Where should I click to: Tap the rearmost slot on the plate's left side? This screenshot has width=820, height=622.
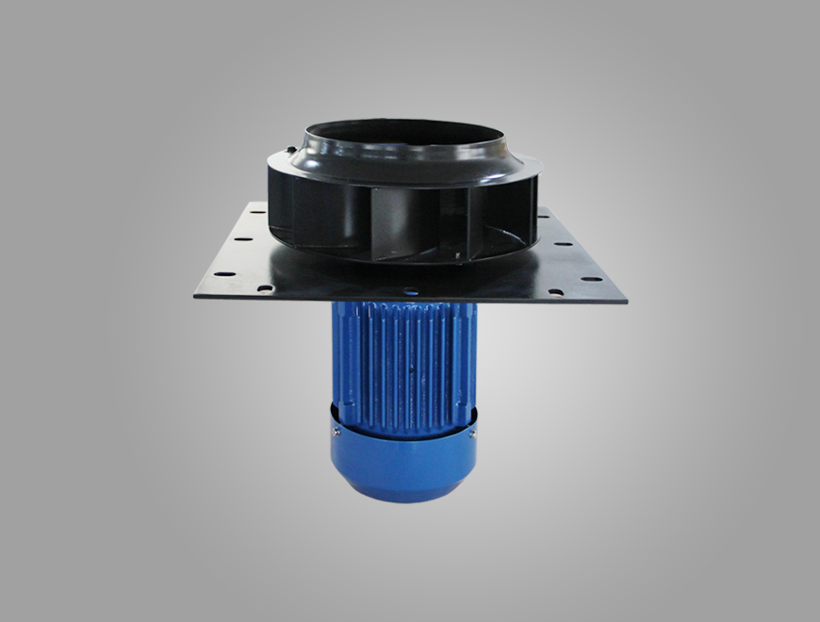pos(254,218)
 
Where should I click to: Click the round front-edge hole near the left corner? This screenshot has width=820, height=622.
pos(266,288)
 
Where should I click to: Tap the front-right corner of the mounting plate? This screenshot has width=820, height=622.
pos(626,300)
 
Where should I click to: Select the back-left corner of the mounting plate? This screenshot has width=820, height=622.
pos(250,203)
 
